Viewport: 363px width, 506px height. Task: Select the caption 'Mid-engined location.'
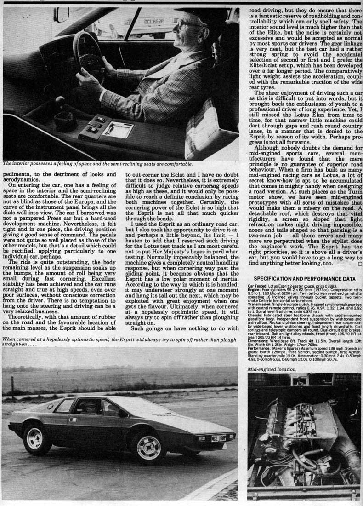click(x=272, y=369)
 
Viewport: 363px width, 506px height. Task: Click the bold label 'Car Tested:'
click(x=258, y=286)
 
